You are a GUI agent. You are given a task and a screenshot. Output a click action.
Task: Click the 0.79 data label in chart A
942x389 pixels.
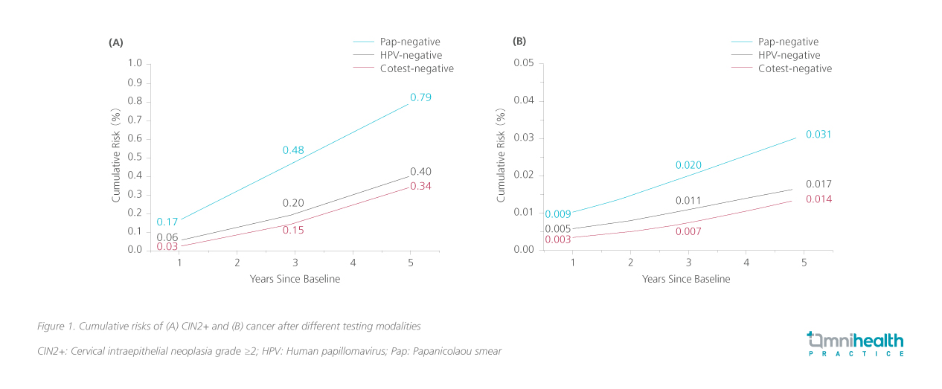tap(420, 97)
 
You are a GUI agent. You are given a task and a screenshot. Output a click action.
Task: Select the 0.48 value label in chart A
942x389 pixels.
tap(293, 151)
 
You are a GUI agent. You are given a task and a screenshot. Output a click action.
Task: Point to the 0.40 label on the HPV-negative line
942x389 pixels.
tap(420, 172)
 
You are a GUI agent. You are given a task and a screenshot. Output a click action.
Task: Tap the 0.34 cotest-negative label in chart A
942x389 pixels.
tap(420, 186)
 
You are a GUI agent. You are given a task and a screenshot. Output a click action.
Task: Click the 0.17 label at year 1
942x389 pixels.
tap(167, 222)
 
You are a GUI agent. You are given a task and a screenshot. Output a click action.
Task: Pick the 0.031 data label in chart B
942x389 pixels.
tap(818, 135)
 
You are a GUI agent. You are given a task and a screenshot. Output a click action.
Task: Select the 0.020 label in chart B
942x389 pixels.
tap(688, 165)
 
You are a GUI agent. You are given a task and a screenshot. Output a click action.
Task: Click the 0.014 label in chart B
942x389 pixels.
tap(818, 199)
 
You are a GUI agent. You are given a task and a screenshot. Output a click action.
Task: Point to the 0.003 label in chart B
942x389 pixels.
tap(557, 239)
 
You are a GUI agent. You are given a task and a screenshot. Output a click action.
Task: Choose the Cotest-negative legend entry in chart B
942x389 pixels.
tap(795, 68)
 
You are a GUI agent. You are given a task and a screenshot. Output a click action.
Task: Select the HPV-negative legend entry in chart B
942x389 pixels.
tap(789, 55)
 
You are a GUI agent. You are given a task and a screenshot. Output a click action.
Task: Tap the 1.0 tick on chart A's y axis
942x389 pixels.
tap(135, 63)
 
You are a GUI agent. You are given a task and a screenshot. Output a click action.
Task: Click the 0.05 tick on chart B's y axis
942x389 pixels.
tap(525, 63)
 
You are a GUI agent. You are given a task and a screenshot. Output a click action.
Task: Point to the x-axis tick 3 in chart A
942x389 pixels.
tap(295, 263)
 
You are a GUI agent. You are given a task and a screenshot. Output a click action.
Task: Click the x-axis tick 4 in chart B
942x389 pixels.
tap(746, 263)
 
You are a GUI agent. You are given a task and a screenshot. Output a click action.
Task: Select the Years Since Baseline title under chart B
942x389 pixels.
tap(686, 279)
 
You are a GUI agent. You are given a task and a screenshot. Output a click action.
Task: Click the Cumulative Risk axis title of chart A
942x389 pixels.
tap(117, 157)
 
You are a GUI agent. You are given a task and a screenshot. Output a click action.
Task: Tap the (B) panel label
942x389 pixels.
tap(519, 42)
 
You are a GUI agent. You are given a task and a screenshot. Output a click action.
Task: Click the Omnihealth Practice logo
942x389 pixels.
tap(856, 344)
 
